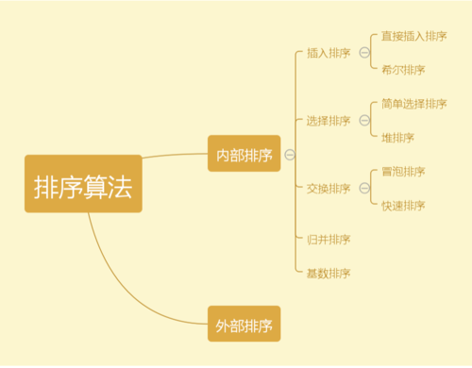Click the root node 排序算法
pos(83,184)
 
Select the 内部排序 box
pos(244,155)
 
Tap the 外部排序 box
pos(244,326)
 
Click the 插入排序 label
pos(329,53)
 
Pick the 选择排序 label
pos(329,121)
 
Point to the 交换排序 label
pos(329,189)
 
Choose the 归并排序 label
pos(329,239)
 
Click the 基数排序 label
pos(329,273)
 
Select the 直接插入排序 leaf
pos(413,36)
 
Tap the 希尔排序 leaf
pos(403,70)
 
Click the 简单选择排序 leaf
pos(413,104)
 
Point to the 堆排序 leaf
pos(397,138)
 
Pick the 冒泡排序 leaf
pos(403,172)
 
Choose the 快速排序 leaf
pos(403,205)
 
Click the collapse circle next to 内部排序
pos(290,155)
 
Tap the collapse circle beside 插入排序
pos(363,53)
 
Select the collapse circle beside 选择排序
pos(363,121)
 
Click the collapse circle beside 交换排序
pos(363,189)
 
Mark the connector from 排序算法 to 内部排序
pos(175,156)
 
